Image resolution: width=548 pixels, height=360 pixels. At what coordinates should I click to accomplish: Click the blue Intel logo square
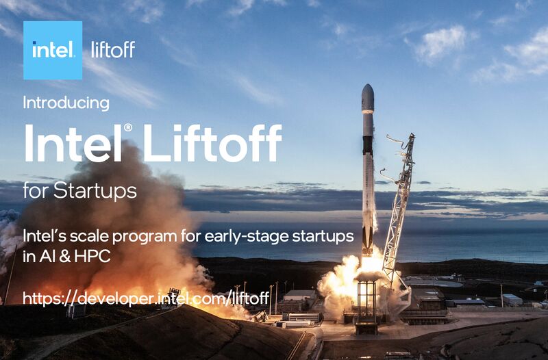(53, 50)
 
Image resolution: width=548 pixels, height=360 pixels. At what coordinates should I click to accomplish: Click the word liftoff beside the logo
(113, 50)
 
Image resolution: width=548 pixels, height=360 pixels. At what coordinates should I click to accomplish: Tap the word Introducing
(66, 103)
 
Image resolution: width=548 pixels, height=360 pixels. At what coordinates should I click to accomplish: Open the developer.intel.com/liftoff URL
(146, 298)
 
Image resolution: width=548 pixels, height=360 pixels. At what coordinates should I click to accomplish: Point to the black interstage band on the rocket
(368, 144)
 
